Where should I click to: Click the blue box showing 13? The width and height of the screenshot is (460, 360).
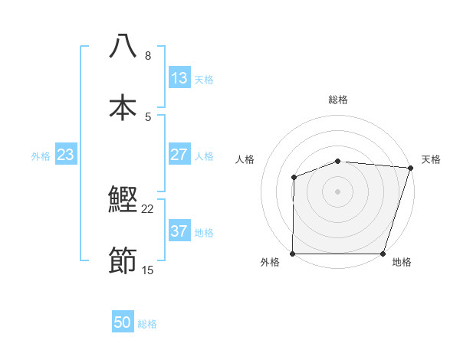click(x=179, y=78)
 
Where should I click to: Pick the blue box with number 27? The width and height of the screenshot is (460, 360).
click(x=179, y=155)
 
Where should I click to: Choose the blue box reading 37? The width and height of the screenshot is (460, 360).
click(x=179, y=231)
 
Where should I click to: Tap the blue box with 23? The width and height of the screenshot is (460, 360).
click(x=66, y=155)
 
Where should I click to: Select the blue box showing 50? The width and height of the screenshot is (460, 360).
click(x=123, y=323)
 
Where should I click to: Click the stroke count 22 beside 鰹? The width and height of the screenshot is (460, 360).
click(x=148, y=209)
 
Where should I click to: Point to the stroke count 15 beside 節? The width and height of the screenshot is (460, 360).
click(x=148, y=270)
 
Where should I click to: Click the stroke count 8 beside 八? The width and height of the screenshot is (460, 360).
click(x=148, y=55)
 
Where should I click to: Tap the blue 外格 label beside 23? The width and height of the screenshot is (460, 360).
click(x=41, y=155)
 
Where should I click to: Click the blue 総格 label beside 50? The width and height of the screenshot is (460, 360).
click(x=147, y=324)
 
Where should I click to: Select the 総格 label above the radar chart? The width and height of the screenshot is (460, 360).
click(x=338, y=100)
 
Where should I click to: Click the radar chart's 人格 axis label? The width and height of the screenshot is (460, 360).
click(x=245, y=159)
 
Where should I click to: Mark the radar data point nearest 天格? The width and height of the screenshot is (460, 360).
click(x=410, y=168)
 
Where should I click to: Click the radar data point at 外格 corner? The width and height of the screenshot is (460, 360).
click(x=293, y=254)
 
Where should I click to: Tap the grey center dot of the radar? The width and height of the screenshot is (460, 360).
click(x=338, y=191)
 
